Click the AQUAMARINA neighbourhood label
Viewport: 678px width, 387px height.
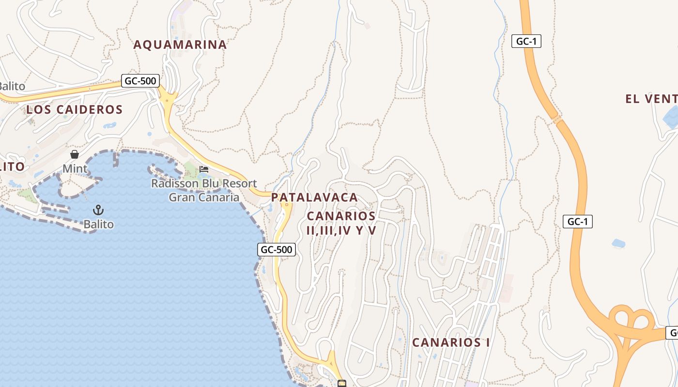[x=180, y=45]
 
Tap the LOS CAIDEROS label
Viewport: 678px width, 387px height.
[x=75, y=109]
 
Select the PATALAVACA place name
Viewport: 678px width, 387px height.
[x=314, y=197]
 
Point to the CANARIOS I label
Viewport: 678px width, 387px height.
[x=451, y=342]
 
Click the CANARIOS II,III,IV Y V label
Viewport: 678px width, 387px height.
[x=341, y=223]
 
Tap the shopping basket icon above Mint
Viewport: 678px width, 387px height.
[x=75, y=154]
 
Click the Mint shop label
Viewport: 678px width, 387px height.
[x=75, y=169]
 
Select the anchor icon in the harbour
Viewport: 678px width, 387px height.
[x=98, y=210]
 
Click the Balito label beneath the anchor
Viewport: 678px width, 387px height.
[x=98, y=224]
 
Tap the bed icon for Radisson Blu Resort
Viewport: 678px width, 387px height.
[x=204, y=169]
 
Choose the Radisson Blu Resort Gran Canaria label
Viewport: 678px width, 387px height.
[x=204, y=191]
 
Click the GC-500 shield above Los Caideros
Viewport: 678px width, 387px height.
[x=140, y=81]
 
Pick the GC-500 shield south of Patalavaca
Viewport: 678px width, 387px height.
[x=276, y=250]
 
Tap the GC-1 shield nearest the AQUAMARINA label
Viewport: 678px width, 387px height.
[x=526, y=41]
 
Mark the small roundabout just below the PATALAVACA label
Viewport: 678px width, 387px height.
[x=287, y=205]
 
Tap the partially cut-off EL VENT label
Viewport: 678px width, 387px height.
[x=651, y=99]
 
